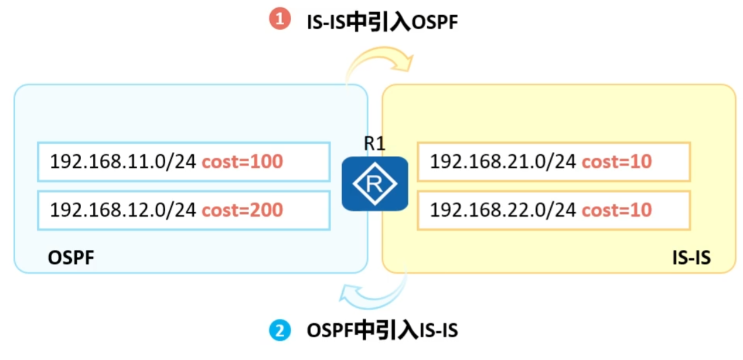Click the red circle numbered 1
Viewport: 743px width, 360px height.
click(280, 19)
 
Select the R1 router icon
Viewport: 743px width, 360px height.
click(374, 184)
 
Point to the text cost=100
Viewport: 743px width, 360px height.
click(242, 161)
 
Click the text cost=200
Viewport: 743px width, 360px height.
click(242, 209)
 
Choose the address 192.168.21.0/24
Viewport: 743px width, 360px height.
click(503, 161)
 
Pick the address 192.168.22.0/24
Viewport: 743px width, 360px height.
click(503, 209)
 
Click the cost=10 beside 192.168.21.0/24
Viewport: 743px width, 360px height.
click(616, 161)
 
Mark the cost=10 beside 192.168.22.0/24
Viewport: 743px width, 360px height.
click(616, 209)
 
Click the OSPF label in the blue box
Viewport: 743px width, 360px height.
click(71, 258)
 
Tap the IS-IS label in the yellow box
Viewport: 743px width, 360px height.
click(691, 258)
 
